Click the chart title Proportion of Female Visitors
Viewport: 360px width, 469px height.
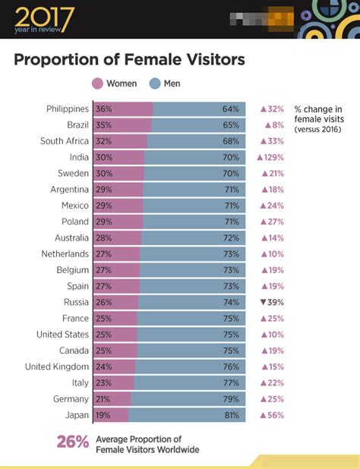point(130,59)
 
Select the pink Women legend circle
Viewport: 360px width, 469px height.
point(97,83)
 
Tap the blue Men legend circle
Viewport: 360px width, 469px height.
point(155,83)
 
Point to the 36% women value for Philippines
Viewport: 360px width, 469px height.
point(103,109)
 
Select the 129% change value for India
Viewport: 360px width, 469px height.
point(271,157)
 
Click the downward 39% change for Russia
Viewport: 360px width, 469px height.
point(272,302)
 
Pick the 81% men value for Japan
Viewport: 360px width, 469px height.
point(231,415)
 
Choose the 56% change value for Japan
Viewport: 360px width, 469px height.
point(272,415)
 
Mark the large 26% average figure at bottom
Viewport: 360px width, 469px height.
point(73,442)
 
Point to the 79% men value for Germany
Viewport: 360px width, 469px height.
point(231,399)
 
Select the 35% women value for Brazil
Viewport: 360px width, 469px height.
point(103,124)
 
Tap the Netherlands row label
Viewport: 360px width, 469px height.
point(65,253)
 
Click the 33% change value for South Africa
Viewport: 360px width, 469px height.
point(272,140)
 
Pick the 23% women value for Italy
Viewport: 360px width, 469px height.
point(103,382)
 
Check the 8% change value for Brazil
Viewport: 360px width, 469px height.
point(274,124)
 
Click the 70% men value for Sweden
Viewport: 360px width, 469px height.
point(231,173)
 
